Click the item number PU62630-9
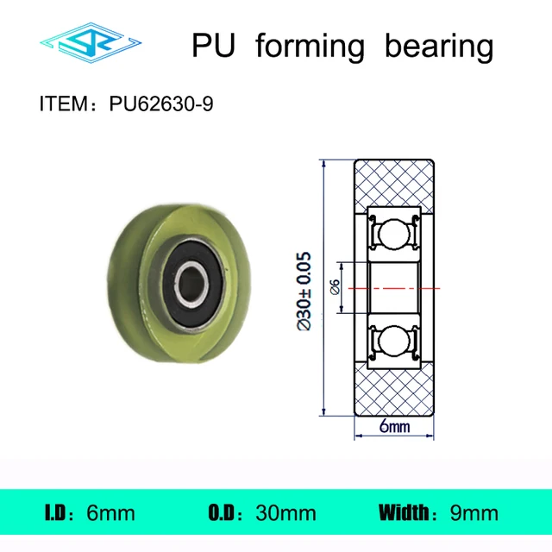[x=161, y=105]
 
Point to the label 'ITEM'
[x=68, y=105]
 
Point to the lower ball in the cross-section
[x=394, y=339]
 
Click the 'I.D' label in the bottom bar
[x=55, y=513]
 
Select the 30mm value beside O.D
[x=285, y=513]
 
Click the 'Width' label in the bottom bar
[x=405, y=513]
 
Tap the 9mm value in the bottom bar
[x=474, y=513]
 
